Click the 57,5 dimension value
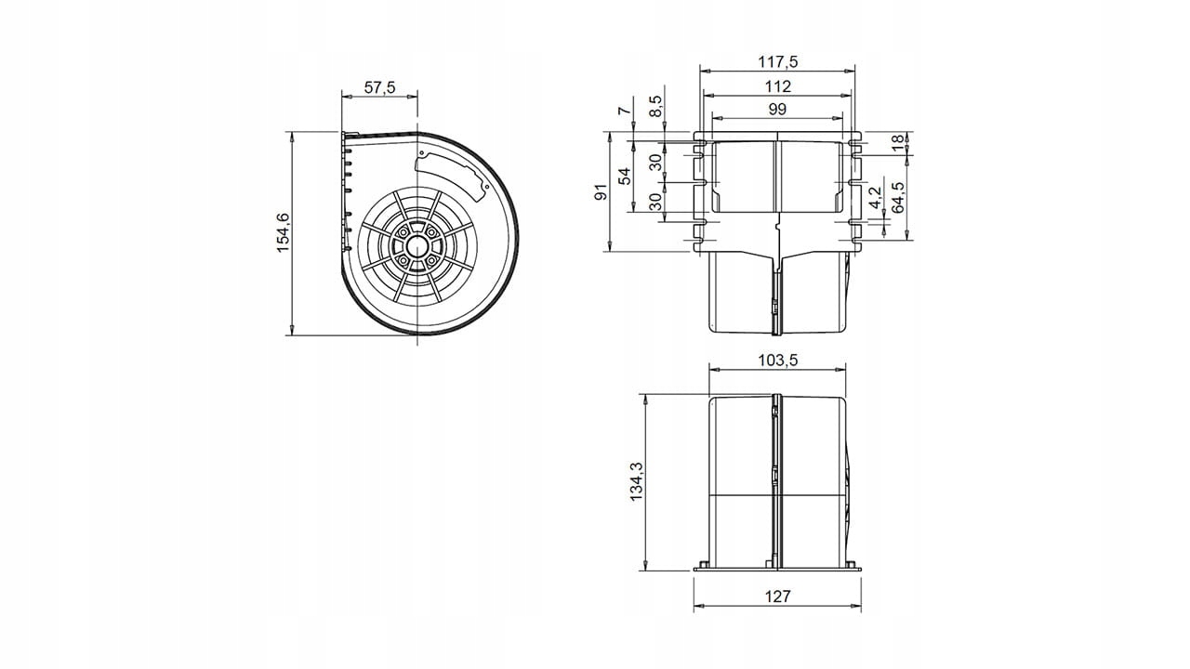pos(380,87)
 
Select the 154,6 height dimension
pos(284,232)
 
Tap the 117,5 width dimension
pos(778,61)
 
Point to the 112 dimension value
pos(778,86)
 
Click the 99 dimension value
pos(777,109)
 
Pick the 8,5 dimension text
pos(656,107)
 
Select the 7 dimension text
pos(625,110)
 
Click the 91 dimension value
pos(601,191)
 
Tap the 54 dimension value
pos(626,176)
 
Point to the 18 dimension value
pos(897,142)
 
